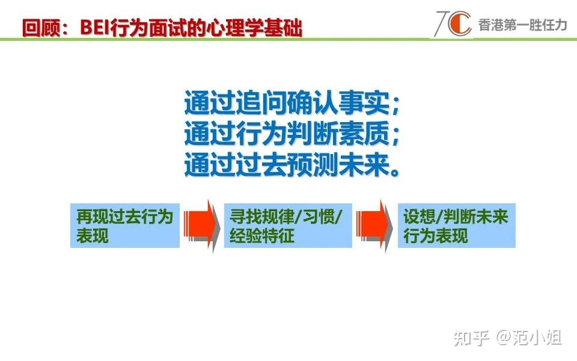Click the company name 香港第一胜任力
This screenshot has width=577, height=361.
522,25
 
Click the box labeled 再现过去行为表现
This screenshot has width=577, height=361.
124,226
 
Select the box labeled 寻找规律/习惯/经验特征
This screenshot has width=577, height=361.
287,226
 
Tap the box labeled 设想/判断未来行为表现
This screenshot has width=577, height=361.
456,226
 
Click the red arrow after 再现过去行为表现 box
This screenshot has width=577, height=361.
200,225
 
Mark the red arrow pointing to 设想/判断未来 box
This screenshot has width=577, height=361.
373,225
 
